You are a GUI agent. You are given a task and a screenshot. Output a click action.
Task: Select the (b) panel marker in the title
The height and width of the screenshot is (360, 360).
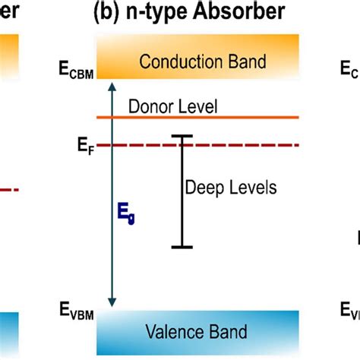click(107, 11)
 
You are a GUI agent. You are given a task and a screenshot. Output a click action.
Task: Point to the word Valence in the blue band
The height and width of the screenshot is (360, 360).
click(166, 332)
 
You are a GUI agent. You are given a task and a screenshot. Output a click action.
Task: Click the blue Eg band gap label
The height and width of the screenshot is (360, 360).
click(127, 216)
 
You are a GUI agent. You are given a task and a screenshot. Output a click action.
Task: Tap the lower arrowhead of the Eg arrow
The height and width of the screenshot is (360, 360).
click(112, 302)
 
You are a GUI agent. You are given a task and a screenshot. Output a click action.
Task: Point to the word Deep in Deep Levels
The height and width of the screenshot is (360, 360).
click(201, 187)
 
